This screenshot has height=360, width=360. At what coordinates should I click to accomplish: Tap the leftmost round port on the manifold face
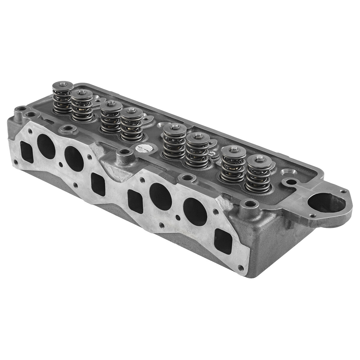tap(46, 146)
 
